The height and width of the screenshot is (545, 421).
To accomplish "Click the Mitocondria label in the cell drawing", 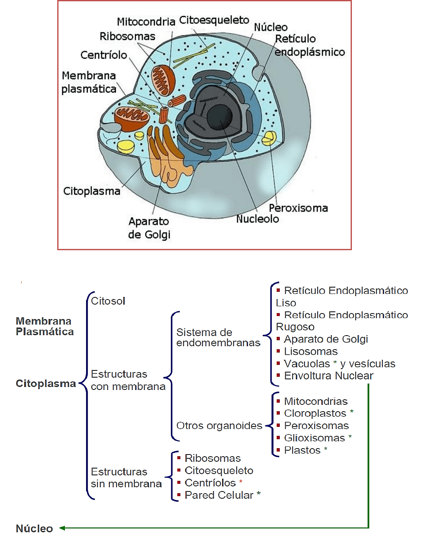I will coord(146,22).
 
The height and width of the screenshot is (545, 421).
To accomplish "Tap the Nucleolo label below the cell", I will coord(257,219).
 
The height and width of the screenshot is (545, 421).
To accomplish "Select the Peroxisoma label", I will coord(298,208).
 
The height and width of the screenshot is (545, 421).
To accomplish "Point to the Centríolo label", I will coord(104,55).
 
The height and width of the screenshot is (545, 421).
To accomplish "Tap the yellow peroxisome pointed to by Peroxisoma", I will coord(269,138).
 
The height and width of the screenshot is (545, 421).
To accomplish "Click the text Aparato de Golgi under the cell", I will coord(149,228).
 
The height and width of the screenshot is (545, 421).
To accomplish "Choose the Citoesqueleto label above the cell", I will coord(214,20).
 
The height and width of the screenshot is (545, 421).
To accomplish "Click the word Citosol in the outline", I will coord(108,301).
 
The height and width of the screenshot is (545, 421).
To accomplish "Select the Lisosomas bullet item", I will coord(311,352).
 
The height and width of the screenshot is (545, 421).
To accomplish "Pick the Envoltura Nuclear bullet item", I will coord(329,376).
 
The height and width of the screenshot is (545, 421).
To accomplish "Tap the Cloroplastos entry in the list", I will coord(315,413).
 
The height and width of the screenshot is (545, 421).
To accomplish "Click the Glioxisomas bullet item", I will coord(315,438).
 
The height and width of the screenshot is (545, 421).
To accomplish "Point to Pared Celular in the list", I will coord(219,495).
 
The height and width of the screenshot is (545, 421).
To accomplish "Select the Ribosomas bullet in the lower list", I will coord(212,458).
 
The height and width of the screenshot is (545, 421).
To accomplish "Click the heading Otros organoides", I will coord(219,426).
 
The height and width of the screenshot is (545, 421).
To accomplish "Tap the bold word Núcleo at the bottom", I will coord(34,529).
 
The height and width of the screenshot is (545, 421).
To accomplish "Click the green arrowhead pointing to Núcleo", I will coord(62,528).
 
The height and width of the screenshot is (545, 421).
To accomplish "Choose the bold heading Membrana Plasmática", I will coord(45,327).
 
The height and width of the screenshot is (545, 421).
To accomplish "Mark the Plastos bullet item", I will coord(302,450).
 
